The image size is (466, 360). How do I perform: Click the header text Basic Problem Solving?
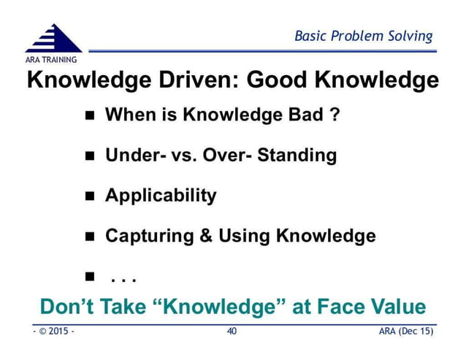[363, 36]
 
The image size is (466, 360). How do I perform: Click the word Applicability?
[161, 196]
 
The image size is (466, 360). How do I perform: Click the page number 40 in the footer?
[232, 332]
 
